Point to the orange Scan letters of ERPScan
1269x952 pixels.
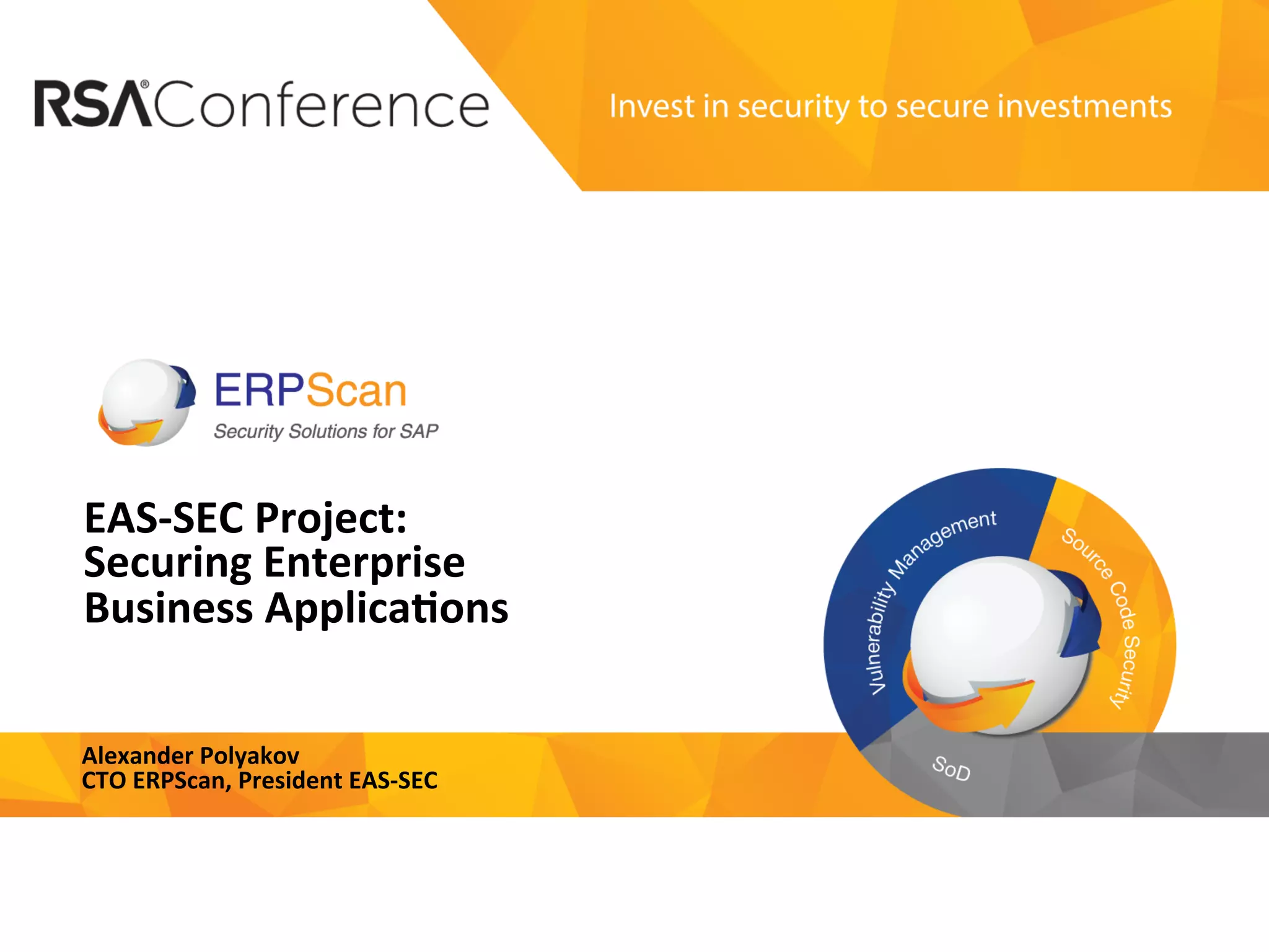coord(356,392)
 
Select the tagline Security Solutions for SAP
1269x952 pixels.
coord(326,431)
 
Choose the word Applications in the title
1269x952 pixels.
coord(387,608)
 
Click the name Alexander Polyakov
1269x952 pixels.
coord(191,756)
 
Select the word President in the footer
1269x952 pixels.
coord(290,781)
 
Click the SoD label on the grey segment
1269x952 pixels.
coord(951,769)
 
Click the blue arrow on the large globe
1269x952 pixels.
coord(1081,614)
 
